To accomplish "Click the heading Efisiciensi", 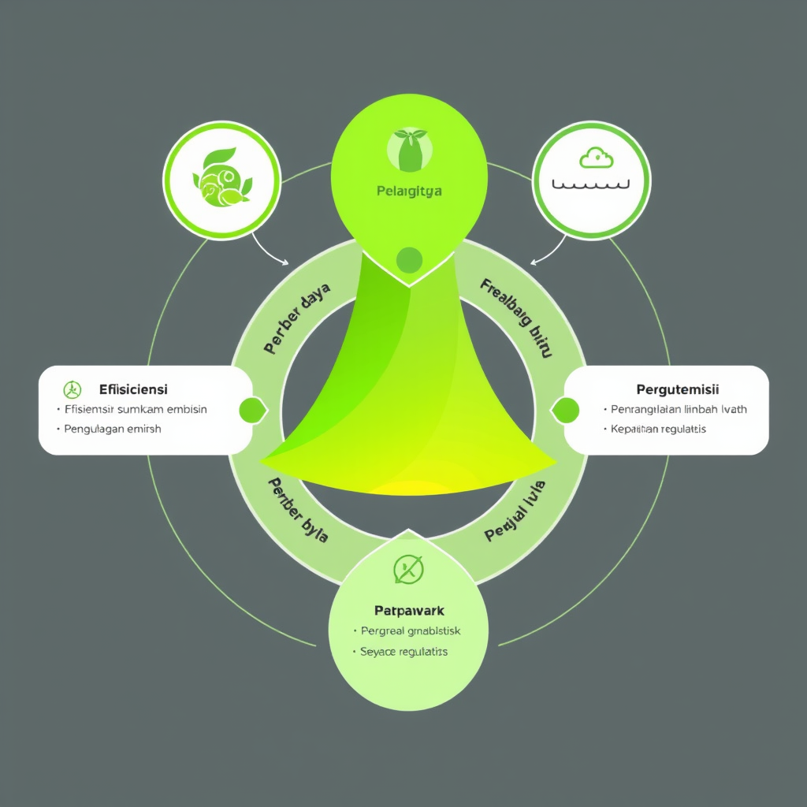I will click(x=133, y=389).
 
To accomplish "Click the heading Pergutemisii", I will click(x=677, y=389).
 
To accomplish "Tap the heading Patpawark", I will click(x=408, y=611).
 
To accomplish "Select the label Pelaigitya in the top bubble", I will click(x=409, y=191).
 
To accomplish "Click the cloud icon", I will click(x=596, y=158).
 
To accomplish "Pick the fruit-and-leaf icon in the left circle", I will click(x=222, y=179).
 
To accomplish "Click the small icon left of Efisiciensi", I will click(x=72, y=389).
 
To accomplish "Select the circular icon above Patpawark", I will click(x=408, y=568).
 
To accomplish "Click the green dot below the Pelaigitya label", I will click(x=409, y=258).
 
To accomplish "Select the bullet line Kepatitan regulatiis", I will click(x=658, y=430).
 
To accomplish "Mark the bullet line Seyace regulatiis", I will click(x=403, y=652).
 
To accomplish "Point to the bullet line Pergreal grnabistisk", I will click(x=410, y=631).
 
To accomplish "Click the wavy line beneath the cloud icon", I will click(x=592, y=186).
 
